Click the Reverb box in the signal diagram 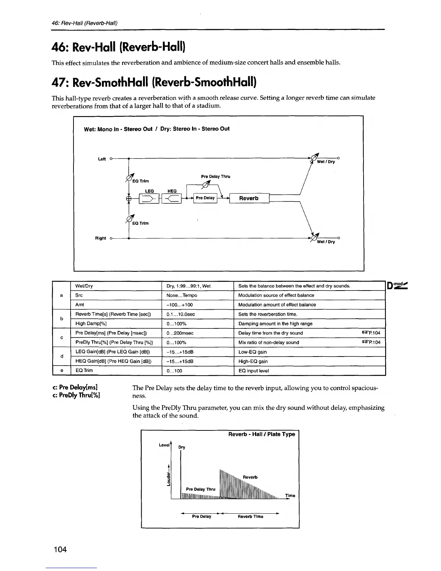tap(249, 198)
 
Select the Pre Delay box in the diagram tap(205, 198)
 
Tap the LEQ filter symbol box tap(149, 198)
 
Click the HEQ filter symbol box tap(171, 198)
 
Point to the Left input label tap(102, 159)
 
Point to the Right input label tap(101, 238)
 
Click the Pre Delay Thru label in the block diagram tap(215, 177)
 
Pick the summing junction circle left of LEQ tap(129, 198)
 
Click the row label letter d tap(62, 357)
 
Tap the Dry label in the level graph tap(182, 447)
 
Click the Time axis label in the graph tap(290, 496)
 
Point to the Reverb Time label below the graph tap(250, 517)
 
